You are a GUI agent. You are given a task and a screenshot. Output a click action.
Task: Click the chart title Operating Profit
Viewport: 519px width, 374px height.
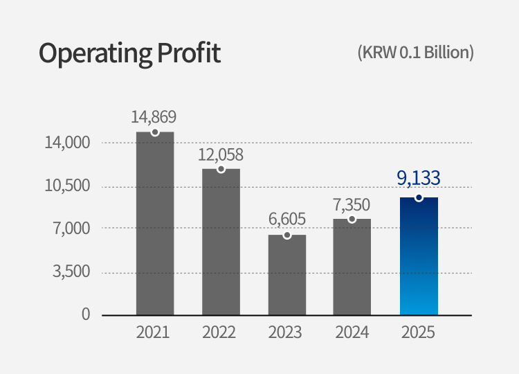[129, 53]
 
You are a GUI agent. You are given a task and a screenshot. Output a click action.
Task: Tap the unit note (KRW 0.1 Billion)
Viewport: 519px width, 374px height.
[415, 53]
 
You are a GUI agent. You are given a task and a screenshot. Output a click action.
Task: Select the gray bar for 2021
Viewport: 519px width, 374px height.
[155, 223]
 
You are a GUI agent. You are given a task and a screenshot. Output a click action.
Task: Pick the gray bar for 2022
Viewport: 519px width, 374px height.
[221, 242]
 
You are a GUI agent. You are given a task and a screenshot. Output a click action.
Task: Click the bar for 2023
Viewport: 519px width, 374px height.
[287, 275]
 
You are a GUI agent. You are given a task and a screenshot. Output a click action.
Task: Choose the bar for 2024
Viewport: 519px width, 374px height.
[352, 267]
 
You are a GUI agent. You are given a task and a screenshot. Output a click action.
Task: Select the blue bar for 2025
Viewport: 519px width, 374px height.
[419, 256]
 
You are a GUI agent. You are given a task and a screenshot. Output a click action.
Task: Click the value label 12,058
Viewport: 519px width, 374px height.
[221, 154]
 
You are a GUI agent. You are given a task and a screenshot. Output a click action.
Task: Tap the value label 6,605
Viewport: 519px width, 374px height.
[287, 220]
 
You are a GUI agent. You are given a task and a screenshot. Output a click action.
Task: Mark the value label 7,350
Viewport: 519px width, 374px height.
[352, 204]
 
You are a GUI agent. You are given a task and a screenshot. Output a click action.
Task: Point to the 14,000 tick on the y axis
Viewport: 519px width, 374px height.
[68, 143]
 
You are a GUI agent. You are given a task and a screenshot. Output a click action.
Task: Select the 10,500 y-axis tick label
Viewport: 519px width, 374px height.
[68, 186]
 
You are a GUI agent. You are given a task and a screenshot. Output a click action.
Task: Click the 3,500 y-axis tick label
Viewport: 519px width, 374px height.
[72, 271]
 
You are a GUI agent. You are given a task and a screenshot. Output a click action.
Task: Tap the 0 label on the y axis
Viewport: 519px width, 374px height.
[86, 314]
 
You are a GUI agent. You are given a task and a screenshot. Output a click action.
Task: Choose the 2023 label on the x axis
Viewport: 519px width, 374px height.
[286, 332]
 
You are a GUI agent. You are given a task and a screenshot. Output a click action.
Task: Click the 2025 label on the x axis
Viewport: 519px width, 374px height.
[418, 332]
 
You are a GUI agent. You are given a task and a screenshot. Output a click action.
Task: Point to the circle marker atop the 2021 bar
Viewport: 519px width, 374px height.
[155, 132]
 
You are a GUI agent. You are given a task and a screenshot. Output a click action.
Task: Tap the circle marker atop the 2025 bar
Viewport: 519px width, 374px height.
[419, 197]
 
